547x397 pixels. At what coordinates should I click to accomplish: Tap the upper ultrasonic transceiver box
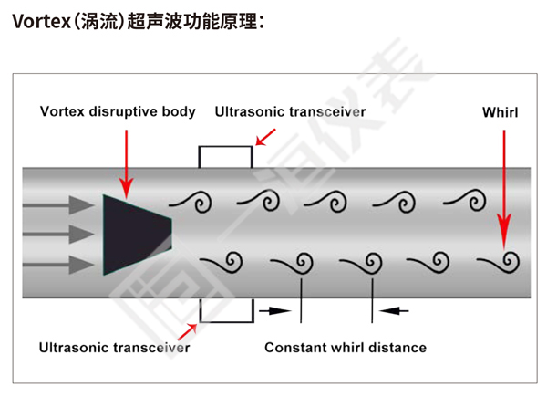coord(225,156)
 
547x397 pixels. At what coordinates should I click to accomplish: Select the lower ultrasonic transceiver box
coord(225,309)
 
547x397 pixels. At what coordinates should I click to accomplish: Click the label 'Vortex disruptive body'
coord(118,112)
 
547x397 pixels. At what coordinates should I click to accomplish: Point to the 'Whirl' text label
coord(500,112)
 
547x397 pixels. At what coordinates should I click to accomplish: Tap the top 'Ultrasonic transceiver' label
coord(290,112)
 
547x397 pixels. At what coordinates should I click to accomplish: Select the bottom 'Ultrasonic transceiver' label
coord(114,348)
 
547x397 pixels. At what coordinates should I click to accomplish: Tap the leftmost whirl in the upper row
coord(194,200)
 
